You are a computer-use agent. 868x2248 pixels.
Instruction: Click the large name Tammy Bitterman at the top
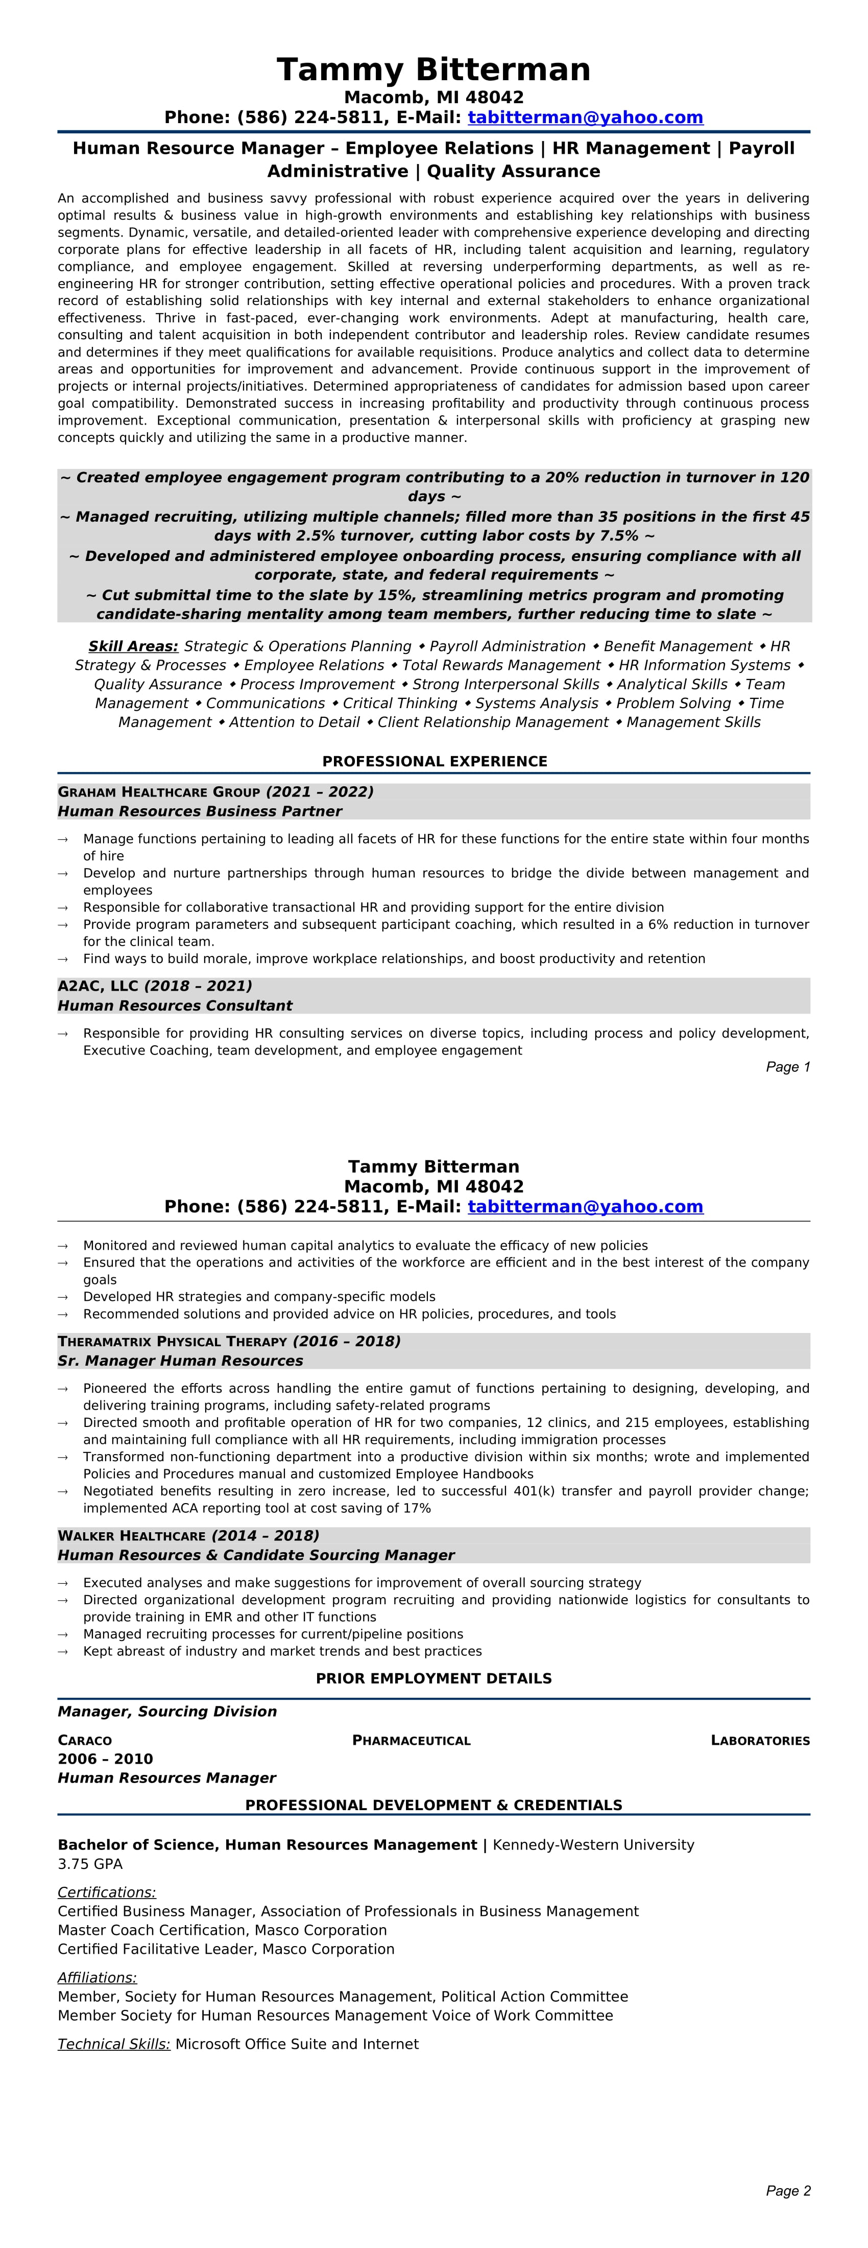point(433,70)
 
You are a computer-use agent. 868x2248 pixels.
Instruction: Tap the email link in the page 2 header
point(585,1207)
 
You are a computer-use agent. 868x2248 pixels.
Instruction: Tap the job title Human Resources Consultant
point(175,1006)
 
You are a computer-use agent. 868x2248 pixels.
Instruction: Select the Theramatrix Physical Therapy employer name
point(173,1341)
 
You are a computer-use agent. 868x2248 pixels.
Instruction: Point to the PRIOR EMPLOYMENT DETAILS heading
point(433,1679)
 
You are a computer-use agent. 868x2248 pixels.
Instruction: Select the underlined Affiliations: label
point(97,1977)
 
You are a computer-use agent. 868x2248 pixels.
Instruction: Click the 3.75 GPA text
point(90,1864)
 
